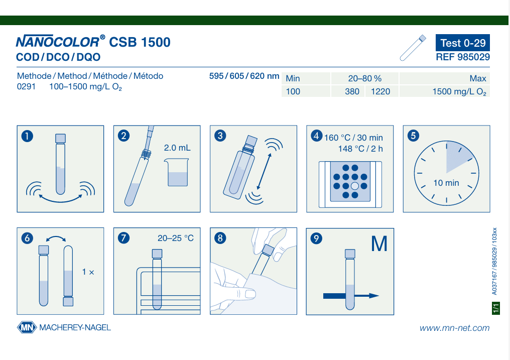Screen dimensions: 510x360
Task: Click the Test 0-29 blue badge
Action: coord(462,43)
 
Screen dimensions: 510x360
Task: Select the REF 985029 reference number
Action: coord(463,57)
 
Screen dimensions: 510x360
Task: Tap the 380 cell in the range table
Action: coord(352,91)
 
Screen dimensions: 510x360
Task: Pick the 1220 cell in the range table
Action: coord(380,91)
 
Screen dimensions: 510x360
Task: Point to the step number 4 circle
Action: coord(316,135)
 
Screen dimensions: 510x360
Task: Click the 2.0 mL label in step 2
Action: coord(177,148)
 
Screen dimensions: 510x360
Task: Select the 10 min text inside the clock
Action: coord(446,183)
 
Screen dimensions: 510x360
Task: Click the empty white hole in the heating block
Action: coord(355,186)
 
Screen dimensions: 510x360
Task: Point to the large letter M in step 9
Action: coord(379,244)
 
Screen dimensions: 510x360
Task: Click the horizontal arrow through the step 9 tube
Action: coord(351,296)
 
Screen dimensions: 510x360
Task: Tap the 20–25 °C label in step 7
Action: coord(176,238)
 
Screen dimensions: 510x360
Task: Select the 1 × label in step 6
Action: coord(88,272)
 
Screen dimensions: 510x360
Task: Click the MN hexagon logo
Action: coord(27,327)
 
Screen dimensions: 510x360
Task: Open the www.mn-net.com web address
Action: coord(454,328)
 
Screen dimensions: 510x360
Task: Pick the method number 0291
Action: coord(26,87)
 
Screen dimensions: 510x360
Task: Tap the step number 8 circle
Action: coord(220,238)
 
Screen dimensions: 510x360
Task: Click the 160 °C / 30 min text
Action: coord(353,138)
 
